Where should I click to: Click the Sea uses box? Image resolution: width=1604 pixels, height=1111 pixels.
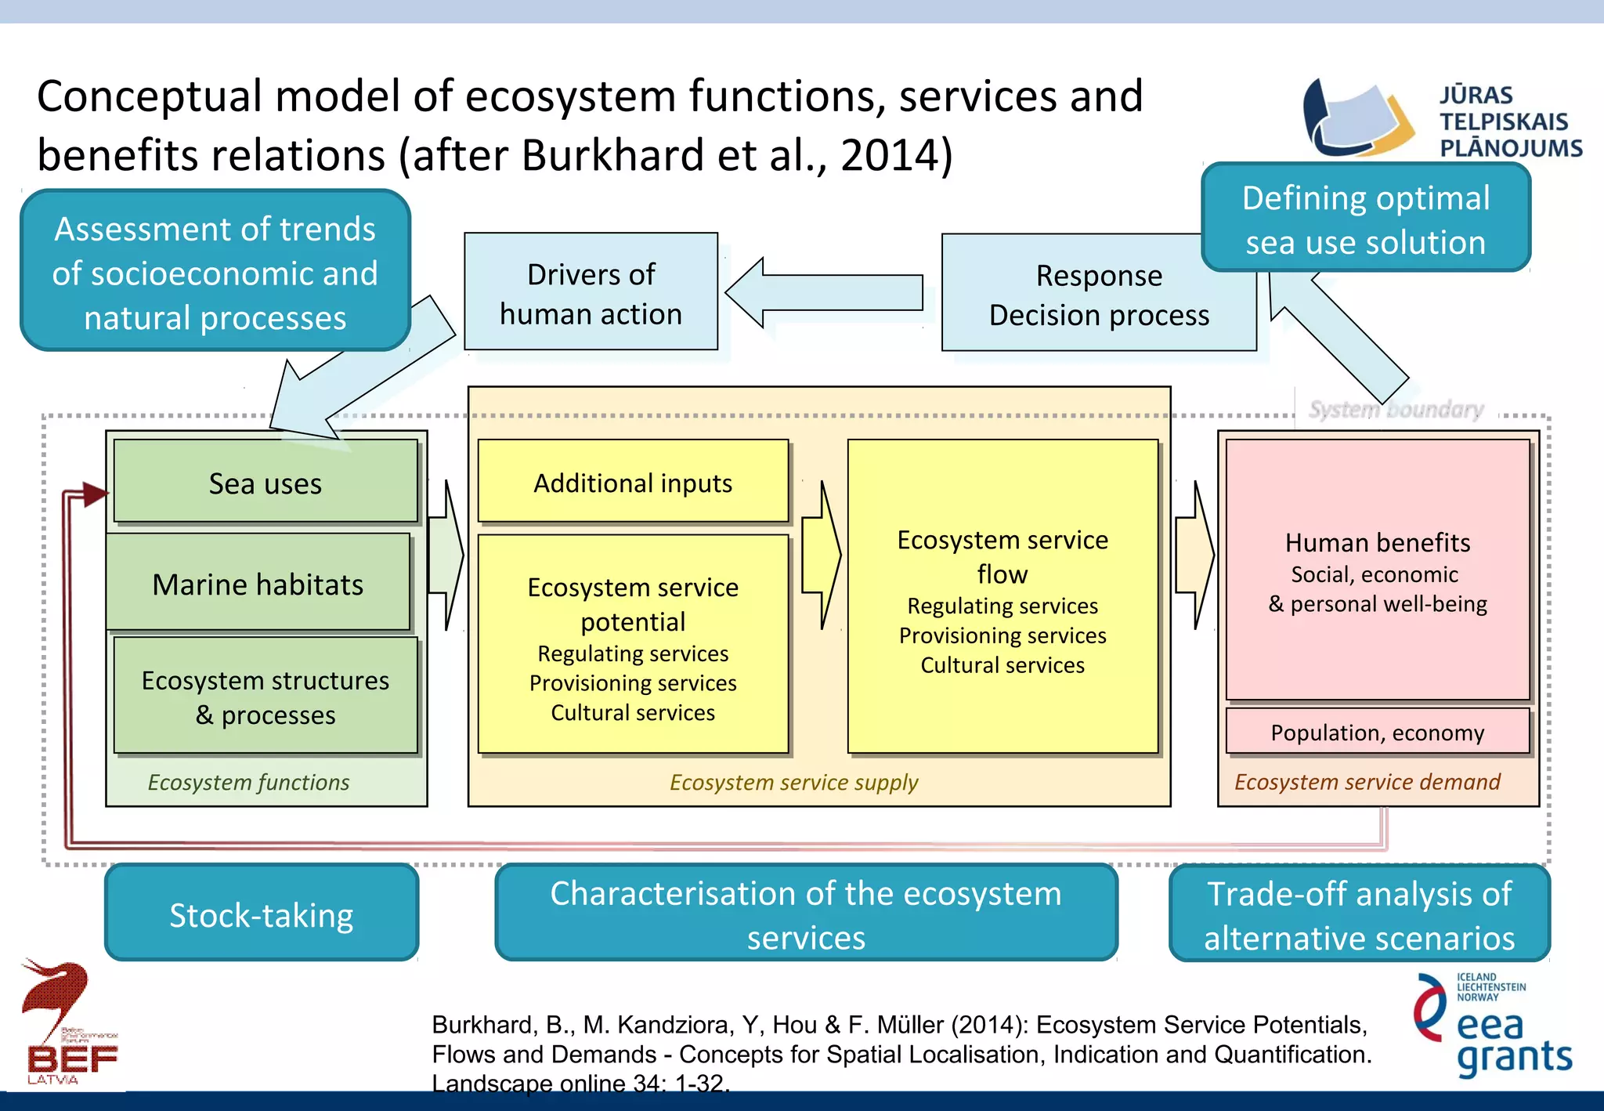(x=266, y=482)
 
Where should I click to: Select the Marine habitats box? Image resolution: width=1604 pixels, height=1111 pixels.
(x=258, y=583)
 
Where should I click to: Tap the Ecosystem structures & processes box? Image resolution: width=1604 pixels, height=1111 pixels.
(x=266, y=696)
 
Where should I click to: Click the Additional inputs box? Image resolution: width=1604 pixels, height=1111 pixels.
(x=633, y=482)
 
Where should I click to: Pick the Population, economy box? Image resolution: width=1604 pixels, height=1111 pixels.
(x=1377, y=732)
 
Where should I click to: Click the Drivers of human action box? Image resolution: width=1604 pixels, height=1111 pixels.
(x=591, y=292)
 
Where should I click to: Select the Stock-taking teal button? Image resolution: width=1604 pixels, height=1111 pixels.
(x=262, y=914)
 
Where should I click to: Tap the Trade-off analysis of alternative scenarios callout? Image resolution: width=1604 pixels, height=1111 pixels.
(x=1359, y=914)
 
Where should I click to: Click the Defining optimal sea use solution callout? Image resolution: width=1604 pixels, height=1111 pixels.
(x=1365, y=219)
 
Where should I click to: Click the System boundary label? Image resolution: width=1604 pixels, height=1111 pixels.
(x=1396, y=409)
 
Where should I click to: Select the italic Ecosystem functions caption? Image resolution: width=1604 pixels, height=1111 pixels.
(x=248, y=782)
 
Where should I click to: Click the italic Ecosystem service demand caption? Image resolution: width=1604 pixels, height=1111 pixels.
(x=1367, y=782)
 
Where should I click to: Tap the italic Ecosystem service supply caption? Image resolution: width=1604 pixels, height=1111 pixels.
(x=793, y=782)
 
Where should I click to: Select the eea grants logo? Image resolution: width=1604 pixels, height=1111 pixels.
(x=1492, y=1026)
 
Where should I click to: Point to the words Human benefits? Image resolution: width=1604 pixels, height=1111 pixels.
(x=1377, y=542)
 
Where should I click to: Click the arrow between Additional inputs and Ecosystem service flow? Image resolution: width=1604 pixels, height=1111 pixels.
(x=821, y=555)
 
